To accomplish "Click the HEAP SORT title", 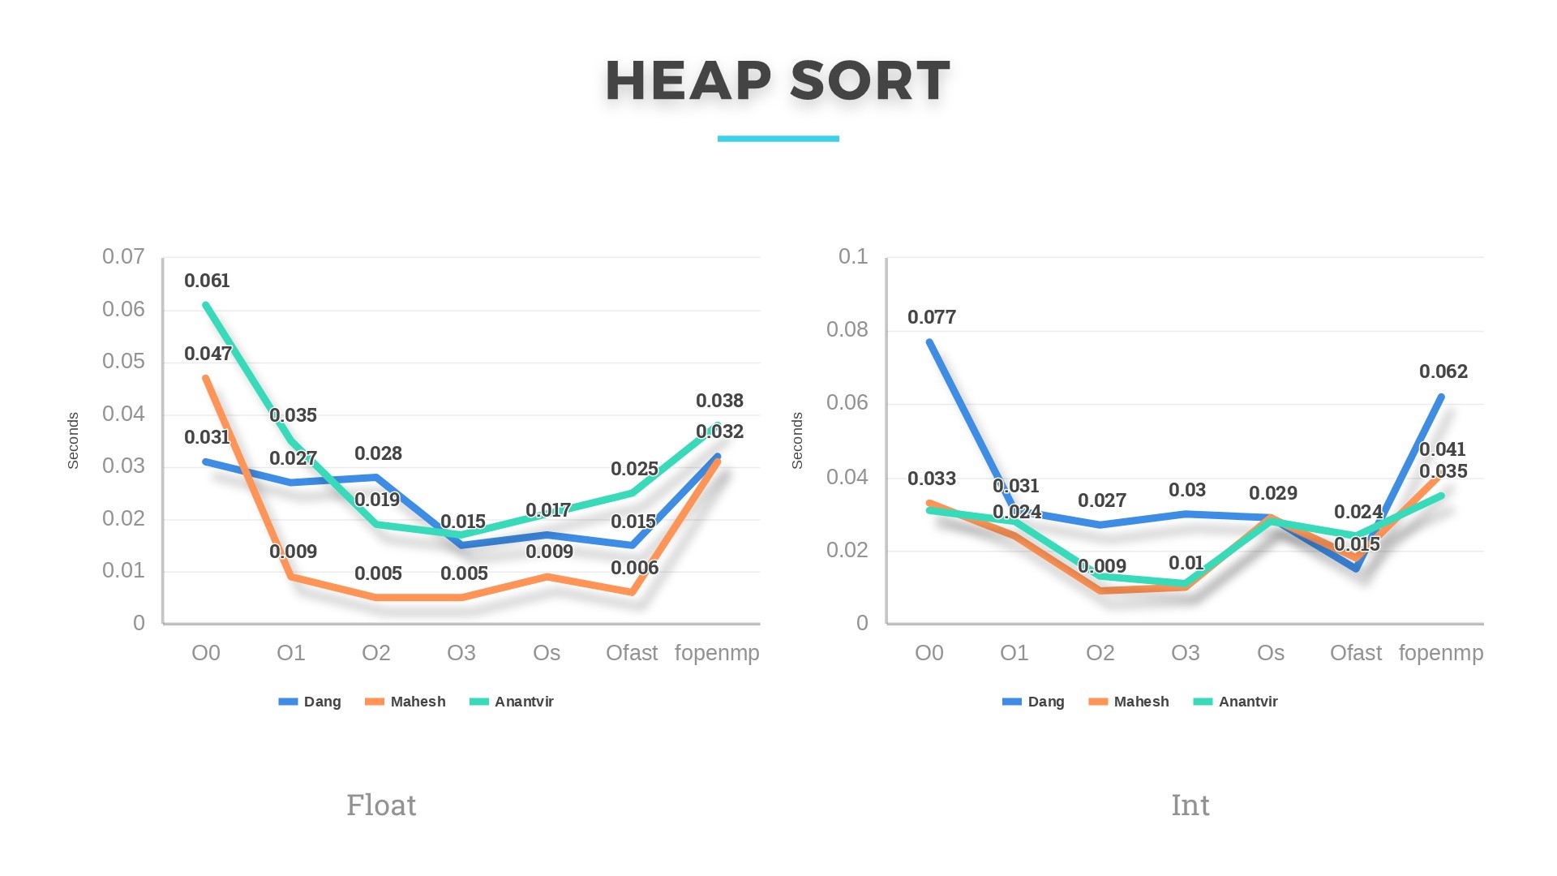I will point(778,80).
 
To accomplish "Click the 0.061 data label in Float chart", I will point(207,281).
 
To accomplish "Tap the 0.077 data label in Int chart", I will point(931,317).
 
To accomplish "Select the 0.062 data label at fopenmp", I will point(1443,371).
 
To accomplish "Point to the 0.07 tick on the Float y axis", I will point(123,256).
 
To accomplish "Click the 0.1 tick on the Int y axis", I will point(852,256).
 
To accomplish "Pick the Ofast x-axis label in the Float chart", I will point(632,653).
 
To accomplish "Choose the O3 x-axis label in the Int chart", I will point(1185,653).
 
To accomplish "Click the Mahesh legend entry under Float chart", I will point(417,702).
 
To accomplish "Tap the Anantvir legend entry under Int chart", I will point(1247,702).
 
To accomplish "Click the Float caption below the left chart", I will point(381,805).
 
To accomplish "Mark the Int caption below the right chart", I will point(1190,805).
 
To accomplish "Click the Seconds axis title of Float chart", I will point(73,440).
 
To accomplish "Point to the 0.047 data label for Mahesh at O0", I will point(208,354).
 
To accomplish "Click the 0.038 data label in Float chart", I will point(719,401).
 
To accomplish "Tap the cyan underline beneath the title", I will point(778,139).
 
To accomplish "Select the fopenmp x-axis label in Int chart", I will point(1440,653).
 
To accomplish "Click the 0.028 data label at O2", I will point(378,453).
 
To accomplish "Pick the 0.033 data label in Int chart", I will point(931,479).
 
